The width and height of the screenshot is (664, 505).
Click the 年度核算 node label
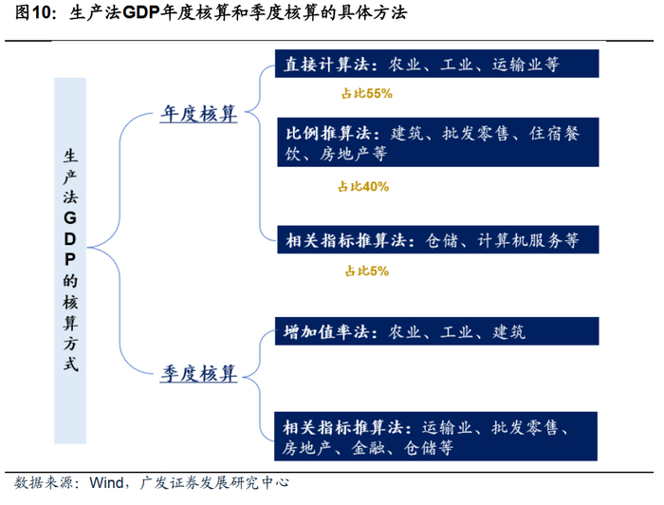[x=197, y=115]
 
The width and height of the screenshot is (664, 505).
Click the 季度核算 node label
[x=197, y=373]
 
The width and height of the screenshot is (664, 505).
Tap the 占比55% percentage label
[x=365, y=95]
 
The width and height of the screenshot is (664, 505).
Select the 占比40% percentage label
[x=363, y=187]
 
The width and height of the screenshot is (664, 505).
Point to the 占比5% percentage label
[x=366, y=271]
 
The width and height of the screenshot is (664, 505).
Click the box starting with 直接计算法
[x=435, y=65]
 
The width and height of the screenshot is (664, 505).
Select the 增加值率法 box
[x=435, y=332]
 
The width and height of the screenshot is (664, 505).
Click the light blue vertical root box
[x=69, y=261]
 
